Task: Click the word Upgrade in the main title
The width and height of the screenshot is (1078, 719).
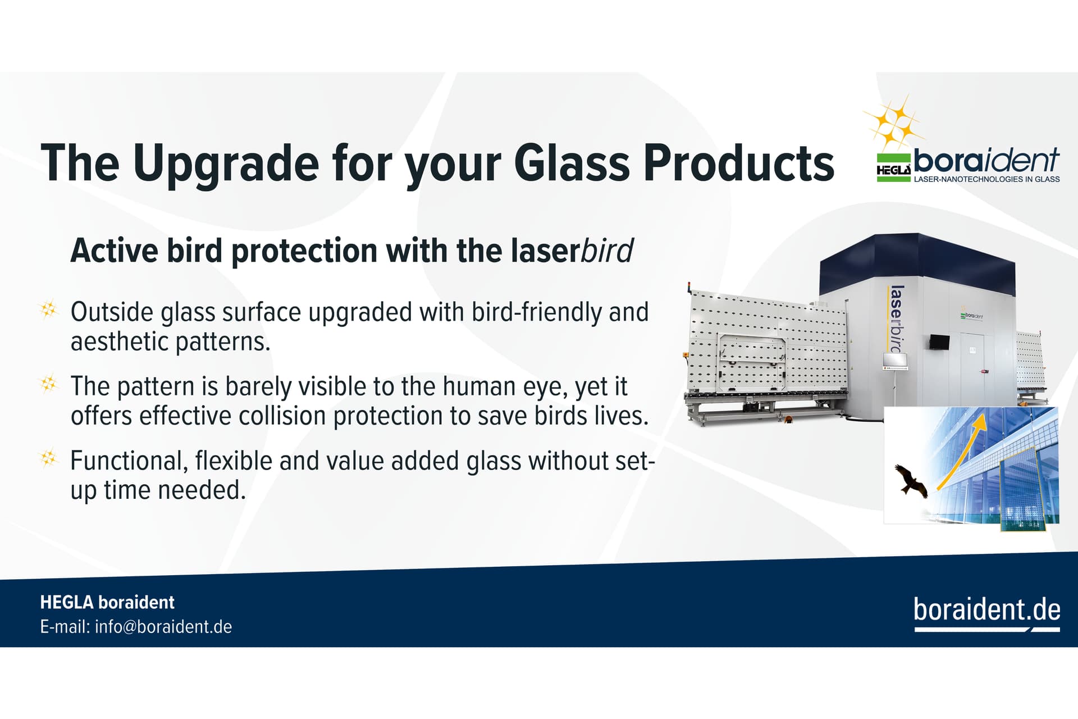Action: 226,163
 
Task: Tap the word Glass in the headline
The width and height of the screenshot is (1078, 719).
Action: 572,163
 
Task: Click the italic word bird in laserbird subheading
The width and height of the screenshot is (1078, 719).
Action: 607,250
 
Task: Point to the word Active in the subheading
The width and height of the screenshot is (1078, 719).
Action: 114,251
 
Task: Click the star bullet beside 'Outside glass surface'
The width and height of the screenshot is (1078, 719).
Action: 49,309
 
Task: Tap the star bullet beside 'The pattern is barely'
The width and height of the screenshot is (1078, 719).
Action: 49,384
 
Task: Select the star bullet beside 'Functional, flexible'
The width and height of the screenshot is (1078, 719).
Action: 49,458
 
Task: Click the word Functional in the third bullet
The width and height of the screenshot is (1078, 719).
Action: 129,461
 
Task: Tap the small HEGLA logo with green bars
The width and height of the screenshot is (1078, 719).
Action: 894,168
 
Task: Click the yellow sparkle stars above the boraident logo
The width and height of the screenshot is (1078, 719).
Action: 894,122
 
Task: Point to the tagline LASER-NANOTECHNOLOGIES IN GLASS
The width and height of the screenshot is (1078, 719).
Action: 986,179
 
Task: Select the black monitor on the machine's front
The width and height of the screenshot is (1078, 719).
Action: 939,341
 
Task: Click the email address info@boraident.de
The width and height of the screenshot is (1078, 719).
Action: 163,627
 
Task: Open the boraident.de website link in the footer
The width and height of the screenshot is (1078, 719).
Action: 987,609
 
